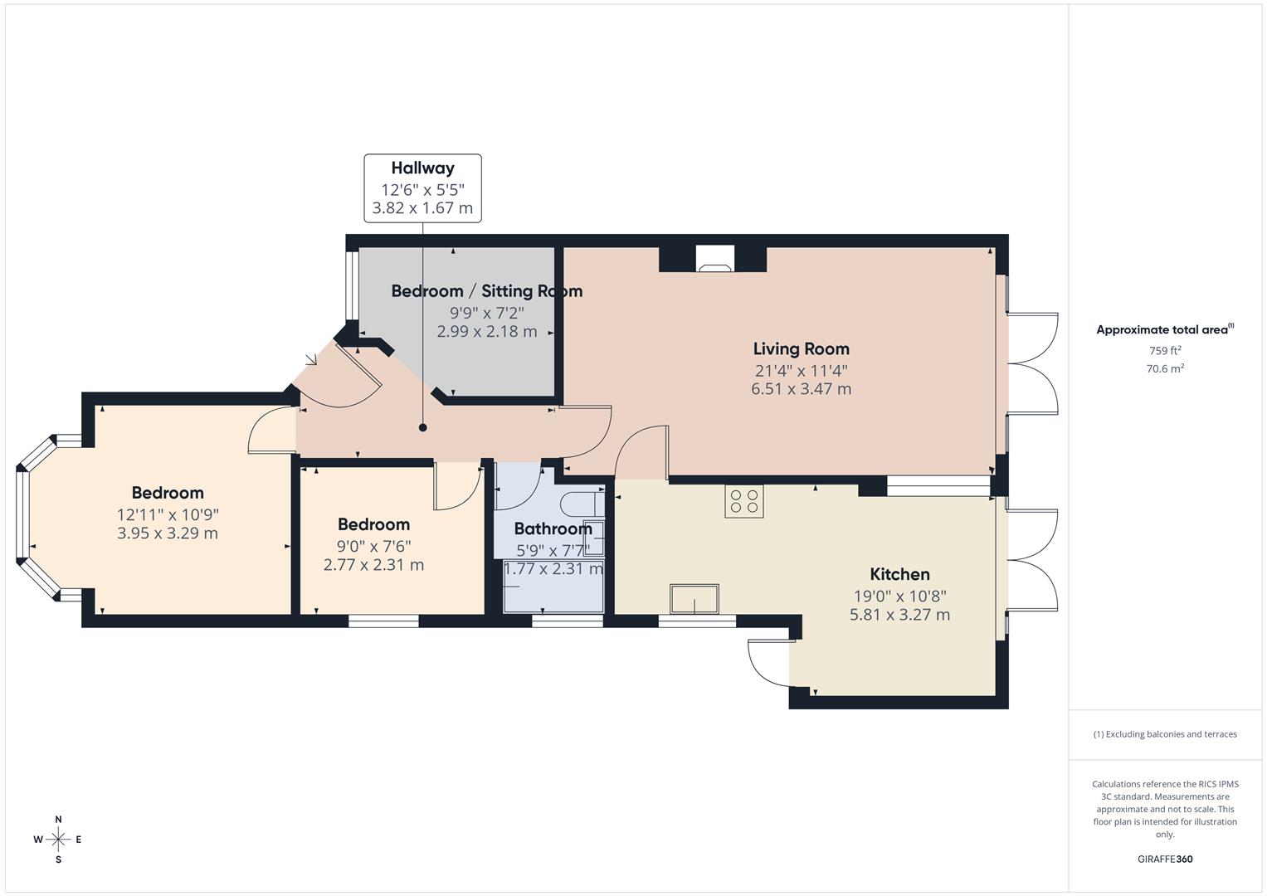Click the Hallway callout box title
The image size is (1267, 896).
tap(422, 168)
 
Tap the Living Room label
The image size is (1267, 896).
tap(801, 349)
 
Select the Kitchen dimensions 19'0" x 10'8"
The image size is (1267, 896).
tap(899, 595)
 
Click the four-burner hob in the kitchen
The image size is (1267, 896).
tap(743, 501)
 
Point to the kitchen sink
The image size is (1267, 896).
tap(694, 599)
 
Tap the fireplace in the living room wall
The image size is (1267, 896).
tap(714, 259)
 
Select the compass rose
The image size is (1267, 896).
tap(58, 840)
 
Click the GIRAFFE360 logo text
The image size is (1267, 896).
tap(1164, 859)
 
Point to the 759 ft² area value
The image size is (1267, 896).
tap(1164, 351)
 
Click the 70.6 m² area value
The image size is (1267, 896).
tap(1164, 369)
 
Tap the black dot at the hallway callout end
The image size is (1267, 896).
tap(422, 428)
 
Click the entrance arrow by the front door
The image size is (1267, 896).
tap(312, 360)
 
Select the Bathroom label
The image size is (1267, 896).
tap(553, 529)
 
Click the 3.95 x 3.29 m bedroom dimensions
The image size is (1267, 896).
tap(168, 533)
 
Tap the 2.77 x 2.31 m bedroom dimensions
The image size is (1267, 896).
tap(373, 565)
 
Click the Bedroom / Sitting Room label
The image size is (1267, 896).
tap(486, 291)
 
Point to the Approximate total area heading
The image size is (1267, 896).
tap(1164, 329)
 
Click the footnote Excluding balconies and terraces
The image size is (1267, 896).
tap(1164, 734)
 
